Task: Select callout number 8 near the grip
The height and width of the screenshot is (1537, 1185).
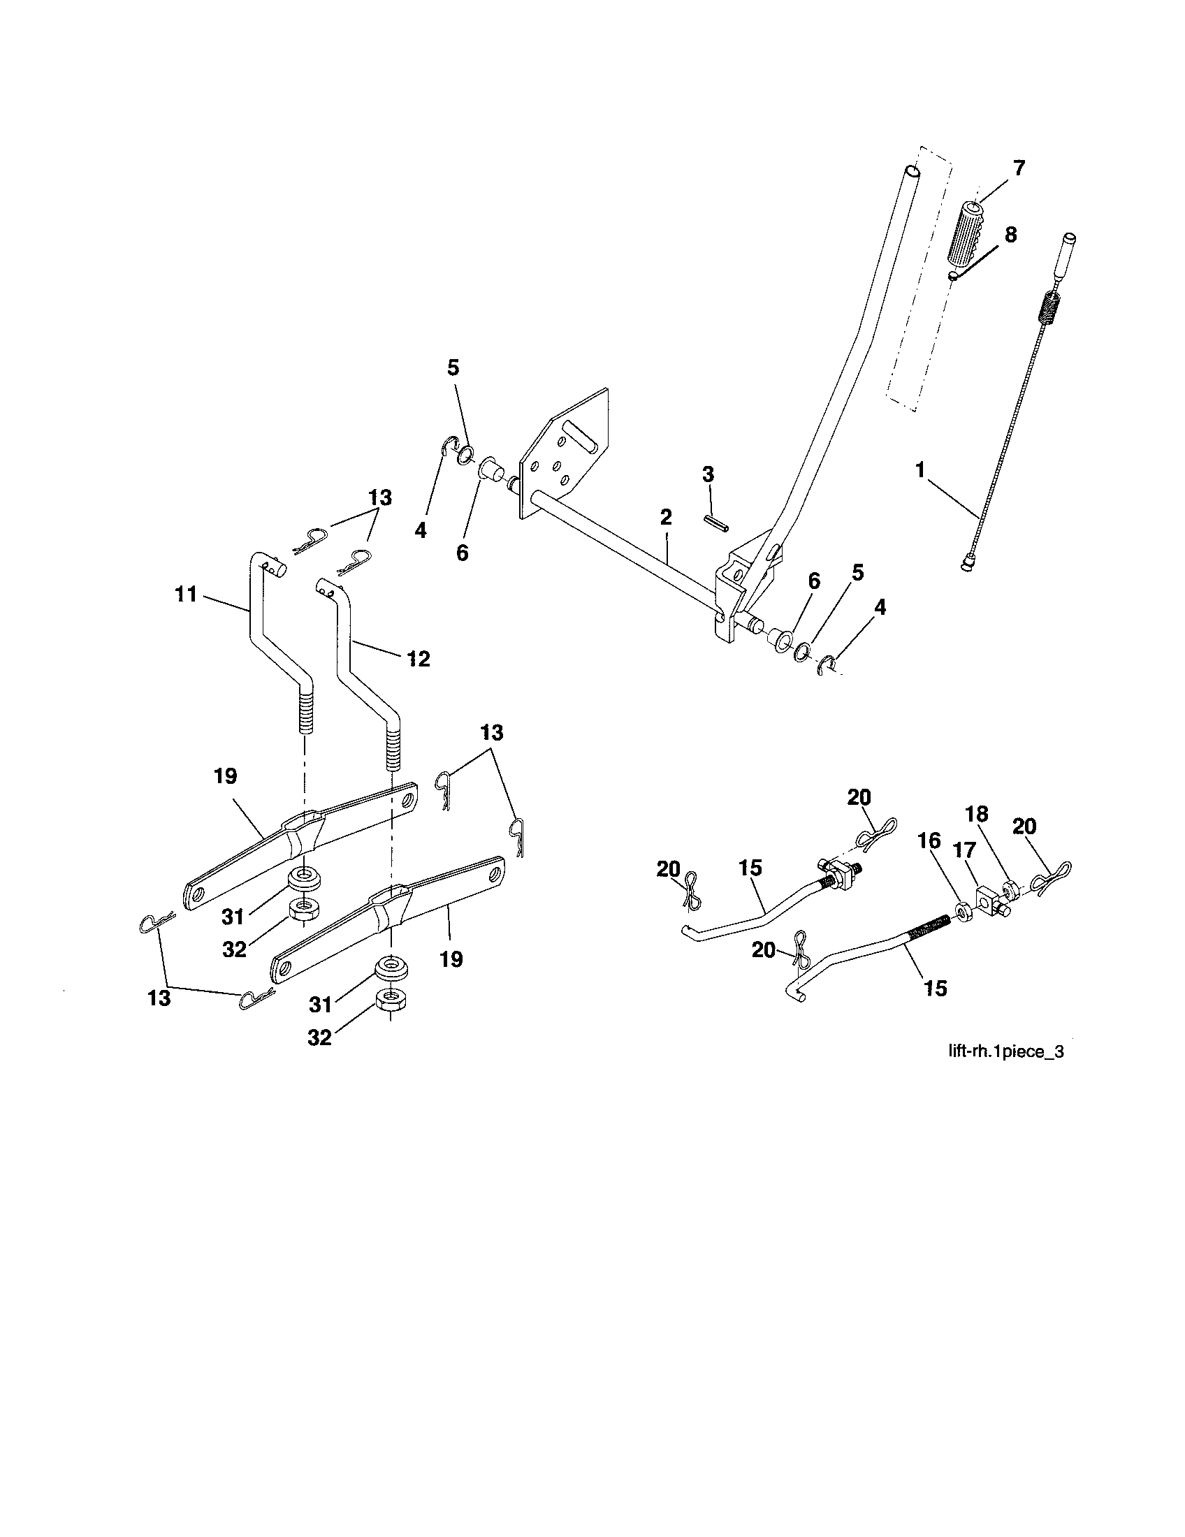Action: click(1010, 235)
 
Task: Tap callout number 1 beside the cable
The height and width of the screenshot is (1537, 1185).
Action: click(919, 470)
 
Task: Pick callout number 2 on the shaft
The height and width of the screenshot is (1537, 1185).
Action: click(666, 518)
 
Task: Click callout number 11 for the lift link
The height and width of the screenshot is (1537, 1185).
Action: click(186, 595)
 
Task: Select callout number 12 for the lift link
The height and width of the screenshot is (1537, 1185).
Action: click(418, 659)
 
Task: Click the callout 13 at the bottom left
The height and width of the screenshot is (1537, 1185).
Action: click(159, 998)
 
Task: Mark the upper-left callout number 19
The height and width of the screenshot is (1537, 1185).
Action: click(226, 776)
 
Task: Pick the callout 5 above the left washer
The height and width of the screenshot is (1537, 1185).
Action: click(453, 367)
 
